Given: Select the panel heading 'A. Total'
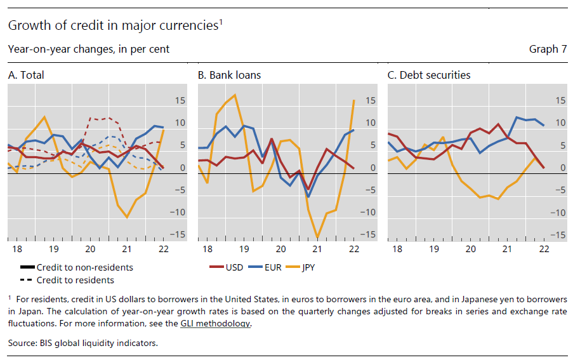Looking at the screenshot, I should tap(26, 75).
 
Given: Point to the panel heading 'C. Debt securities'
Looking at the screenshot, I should tap(429, 75).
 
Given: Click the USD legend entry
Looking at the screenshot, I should tap(226, 267).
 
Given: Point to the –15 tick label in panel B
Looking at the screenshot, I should tap(367, 235).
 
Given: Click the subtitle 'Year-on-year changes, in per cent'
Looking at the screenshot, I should tap(89, 49).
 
